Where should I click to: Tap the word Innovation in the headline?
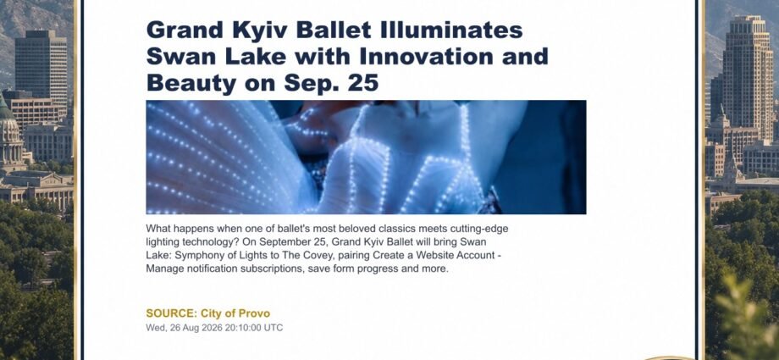pyautogui.click(x=425, y=56)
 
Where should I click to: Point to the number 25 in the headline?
pyautogui.click(x=362, y=82)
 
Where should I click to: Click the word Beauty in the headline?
pyautogui.click(x=191, y=84)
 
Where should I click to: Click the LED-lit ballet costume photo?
pyautogui.click(x=366, y=157)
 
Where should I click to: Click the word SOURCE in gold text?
pyautogui.click(x=171, y=313)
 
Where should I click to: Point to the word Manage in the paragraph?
pyautogui.click(x=163, y=269)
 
